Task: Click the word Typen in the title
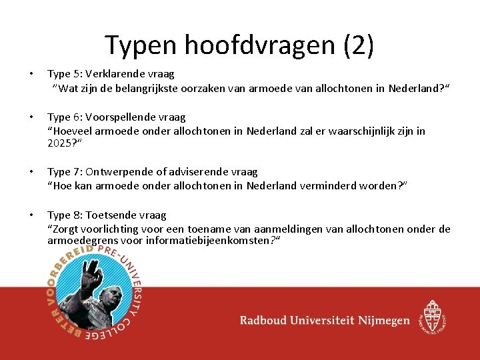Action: pyautogui.click(x=137, y=45)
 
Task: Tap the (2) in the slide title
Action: pyautogui.click(x=358, y=45)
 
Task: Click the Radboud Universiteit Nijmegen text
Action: pyautogui.click(x=325, y=321)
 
